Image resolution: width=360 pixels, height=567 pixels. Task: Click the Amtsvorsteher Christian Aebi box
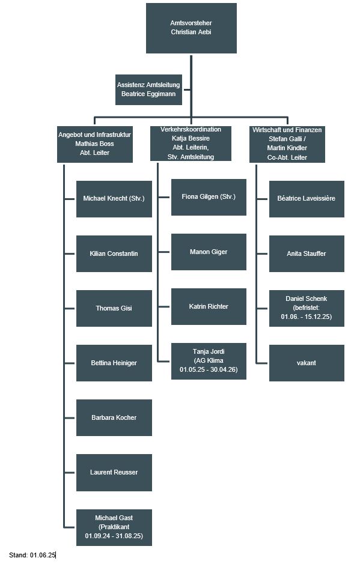coord(191,28)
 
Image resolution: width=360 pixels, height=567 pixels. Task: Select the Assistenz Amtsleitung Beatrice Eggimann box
coord(148,89)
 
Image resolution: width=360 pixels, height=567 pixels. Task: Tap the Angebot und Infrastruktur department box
coord(95,144)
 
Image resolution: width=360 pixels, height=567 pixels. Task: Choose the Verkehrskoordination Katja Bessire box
coord(191,143)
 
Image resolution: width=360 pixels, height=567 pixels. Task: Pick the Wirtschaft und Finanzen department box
coord(287,144)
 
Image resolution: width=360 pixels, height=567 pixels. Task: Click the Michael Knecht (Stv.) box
coord(114,199)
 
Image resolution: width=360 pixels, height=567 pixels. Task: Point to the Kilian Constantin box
coord(114,253)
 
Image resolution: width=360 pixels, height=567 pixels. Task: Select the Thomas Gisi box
coord(114,308)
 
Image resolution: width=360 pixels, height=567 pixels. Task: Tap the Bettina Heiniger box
coord(114,363)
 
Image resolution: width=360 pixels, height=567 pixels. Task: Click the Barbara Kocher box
coord(114,417)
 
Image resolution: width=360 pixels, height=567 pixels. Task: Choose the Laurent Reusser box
coord(114,473)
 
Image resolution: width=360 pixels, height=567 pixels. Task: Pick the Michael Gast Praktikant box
coord(114,527)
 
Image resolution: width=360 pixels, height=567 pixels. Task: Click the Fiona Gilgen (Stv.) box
coord(209,197)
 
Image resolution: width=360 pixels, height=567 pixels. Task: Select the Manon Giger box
coord(209,252)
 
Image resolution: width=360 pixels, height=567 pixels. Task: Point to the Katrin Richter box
coord(209,306)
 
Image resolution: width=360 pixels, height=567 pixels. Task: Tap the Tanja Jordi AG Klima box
coord(209,361)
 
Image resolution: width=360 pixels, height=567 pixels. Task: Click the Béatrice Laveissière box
coord(307,199)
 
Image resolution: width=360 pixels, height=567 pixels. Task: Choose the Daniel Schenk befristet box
coord(307,308)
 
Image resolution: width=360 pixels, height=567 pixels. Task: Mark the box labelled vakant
coord(307,363)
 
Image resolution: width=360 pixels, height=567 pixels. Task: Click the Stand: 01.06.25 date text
coord(32,555)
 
